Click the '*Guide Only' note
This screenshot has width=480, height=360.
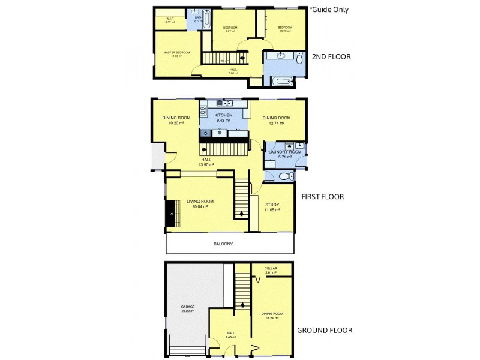[x=328, y=10]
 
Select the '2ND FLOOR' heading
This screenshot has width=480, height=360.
[x=331, y=57]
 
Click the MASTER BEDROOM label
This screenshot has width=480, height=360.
[x=176, y=53]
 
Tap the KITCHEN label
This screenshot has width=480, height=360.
[x=224, y=115]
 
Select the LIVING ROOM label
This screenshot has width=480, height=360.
[x=200, y=202]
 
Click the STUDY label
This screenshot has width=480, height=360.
[x=272, y=205]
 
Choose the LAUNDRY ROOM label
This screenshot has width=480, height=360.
[x=285, y=152]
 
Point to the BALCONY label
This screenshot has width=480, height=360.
[x=223, y=244]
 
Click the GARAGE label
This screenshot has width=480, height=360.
[x=187, y=307]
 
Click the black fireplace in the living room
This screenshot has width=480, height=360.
[x=170, y=214]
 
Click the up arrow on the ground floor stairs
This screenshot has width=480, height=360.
[x=242, y=304]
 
